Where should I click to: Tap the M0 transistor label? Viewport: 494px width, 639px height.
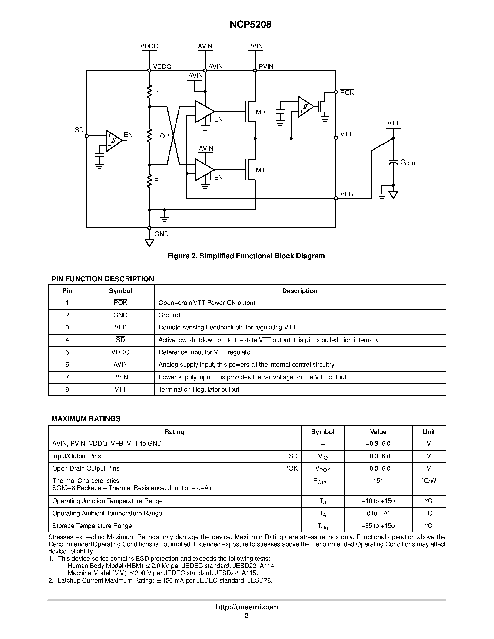[260, 112]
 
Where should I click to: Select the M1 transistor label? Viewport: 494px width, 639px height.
[260, 170]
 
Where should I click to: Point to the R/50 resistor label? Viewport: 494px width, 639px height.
[162, 135]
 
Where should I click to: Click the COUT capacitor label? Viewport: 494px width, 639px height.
[408, 163]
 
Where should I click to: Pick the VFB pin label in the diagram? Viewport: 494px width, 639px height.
[347, 194]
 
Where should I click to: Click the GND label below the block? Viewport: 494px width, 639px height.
[161, 234]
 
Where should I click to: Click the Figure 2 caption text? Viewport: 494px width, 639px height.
[246, 256]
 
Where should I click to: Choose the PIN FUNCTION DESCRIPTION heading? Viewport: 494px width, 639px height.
[103, 279]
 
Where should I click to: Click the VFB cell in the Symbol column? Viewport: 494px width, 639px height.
[120, 328]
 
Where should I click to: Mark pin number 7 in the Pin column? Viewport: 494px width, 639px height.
[67, 377]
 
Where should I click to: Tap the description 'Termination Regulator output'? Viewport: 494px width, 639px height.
[199, 390]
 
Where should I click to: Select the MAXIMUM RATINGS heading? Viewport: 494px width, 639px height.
[86, 419]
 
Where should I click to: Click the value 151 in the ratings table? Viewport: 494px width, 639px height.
[378, 481]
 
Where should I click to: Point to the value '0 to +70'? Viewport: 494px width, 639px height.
[378, 514]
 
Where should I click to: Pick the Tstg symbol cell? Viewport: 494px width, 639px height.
[322, 526]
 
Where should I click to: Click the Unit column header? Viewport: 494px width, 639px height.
[428, 432]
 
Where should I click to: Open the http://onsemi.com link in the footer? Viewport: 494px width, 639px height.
[247, 607]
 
